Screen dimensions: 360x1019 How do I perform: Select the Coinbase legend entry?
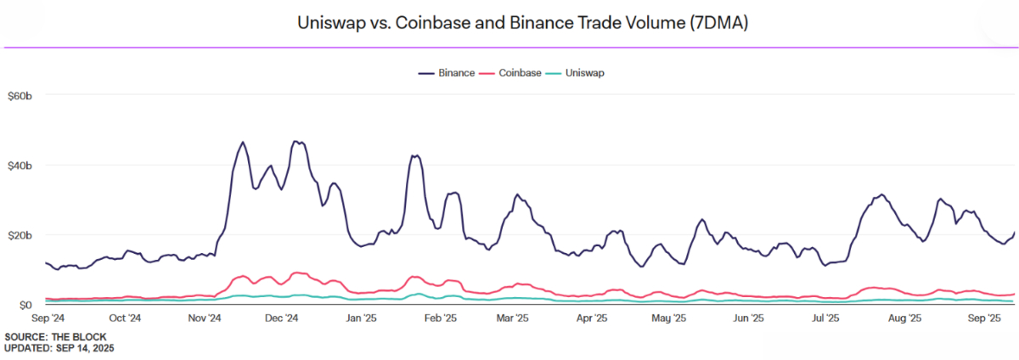click(x=521, y=73)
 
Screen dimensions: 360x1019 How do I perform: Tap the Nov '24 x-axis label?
click(x=204, y=319)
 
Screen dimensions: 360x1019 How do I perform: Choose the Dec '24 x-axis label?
click(x=281, y=319)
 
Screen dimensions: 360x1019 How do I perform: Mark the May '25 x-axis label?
click(x=668, y=319)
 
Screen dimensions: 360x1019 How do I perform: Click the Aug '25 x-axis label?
click(x=904, y=319)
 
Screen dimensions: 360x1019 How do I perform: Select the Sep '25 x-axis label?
click(x=982, y=319)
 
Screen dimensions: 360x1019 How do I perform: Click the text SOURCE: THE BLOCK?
click(x=55, y=337)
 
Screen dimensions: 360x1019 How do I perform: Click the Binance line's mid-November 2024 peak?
click(x=243, y=143)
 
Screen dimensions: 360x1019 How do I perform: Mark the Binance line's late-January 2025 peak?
click(x=414, y=155)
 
